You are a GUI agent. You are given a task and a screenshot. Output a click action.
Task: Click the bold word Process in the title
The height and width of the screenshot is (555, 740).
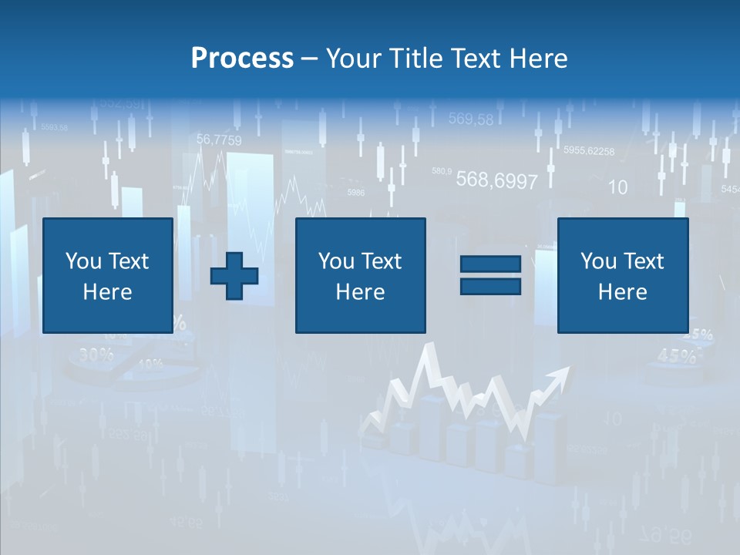242,59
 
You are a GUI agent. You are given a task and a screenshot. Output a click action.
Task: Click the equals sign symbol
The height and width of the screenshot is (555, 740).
490,275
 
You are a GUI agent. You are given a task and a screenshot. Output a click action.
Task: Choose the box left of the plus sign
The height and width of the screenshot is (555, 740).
108,275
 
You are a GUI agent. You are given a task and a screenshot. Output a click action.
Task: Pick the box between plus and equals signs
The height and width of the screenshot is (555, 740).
360,275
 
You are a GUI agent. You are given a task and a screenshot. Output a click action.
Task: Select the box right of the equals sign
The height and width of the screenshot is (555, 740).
622,275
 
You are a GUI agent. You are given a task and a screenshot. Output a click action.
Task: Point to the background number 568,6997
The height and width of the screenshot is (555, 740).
496,180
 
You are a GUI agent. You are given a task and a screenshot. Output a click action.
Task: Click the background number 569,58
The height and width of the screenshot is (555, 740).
470,119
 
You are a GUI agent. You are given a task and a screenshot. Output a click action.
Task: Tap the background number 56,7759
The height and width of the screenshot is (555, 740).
219,140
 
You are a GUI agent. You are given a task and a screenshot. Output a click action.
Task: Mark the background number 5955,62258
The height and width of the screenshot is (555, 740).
589,151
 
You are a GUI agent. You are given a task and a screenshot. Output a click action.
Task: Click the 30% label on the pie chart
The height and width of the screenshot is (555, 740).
96,355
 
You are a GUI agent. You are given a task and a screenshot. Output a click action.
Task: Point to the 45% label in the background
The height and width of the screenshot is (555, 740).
676,355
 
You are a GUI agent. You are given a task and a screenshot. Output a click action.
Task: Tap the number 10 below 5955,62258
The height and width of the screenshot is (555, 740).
617,187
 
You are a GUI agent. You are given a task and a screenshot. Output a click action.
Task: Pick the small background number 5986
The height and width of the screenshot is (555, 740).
356,193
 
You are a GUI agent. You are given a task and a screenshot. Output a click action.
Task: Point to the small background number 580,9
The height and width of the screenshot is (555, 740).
442,170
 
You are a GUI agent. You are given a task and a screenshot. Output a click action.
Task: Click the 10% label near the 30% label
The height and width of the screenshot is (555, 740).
150,364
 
